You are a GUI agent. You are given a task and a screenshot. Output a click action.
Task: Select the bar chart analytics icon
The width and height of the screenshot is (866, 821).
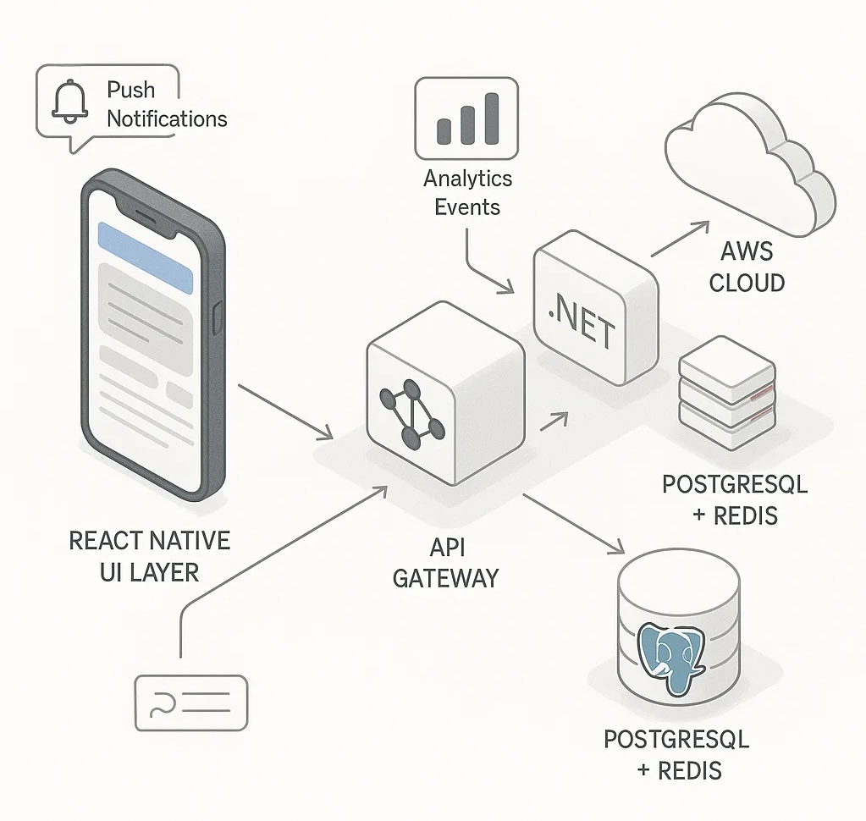(x=467, y=118)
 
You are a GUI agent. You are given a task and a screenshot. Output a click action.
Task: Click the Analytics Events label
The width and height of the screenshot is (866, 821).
(x=467, y=193)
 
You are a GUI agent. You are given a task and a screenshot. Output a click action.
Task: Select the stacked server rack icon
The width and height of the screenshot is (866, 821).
(x=727, y=393)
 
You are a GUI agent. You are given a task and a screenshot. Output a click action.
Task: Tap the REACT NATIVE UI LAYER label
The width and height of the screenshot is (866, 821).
(x=149, y=555)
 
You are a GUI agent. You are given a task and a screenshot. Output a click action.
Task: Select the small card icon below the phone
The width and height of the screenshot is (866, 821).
(x=190, y=703)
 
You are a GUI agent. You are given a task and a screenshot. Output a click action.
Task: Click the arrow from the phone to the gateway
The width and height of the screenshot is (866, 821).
(x=286, y=411)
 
